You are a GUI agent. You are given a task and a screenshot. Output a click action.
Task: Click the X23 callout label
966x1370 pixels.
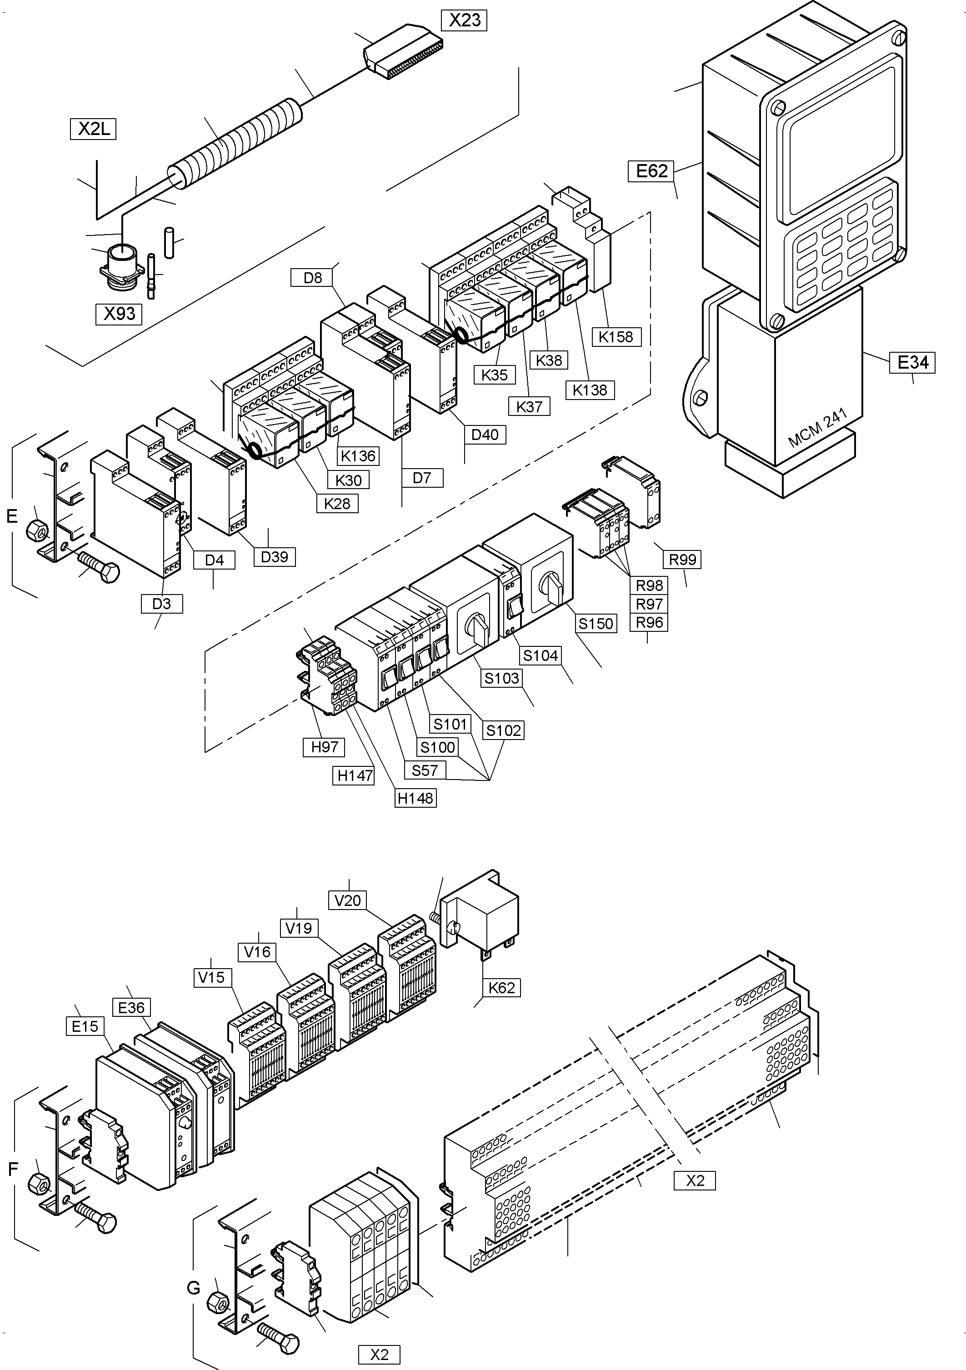464,20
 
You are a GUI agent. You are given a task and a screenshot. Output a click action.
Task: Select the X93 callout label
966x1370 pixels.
120,314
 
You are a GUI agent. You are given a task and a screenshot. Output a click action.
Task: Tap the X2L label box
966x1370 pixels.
94,129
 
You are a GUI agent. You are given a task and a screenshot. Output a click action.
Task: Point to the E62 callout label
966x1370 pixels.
651,171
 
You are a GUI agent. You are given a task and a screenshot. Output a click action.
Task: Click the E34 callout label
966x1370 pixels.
912,362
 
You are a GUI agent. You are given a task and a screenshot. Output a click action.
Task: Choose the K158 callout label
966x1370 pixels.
616,336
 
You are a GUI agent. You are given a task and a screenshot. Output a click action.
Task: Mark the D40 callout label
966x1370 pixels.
485,435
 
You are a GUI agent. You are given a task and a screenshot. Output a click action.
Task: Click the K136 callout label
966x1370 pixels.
358,456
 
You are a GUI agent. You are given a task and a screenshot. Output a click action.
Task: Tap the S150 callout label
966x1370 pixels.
596,624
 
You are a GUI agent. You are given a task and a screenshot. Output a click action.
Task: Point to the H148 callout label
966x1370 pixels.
415,798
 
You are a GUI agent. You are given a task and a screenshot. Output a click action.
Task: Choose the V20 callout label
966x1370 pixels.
347,900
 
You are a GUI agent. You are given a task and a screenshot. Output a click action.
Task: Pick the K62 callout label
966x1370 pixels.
501,988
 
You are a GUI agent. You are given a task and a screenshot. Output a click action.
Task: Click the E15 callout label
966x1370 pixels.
85,1026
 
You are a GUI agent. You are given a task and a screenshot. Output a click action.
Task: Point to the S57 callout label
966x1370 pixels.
425,770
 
